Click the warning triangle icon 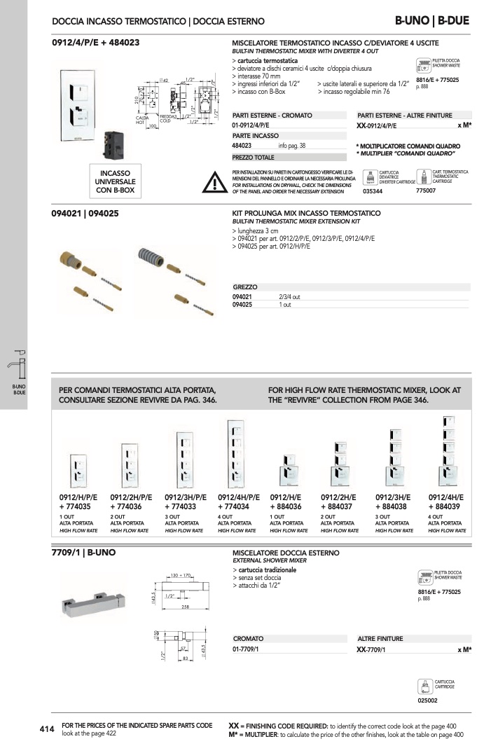(x=212, y=182)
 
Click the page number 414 (x=47, y=729)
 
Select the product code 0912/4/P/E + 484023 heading (x=96, y=43)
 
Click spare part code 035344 (x=373, y=191)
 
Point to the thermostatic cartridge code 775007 (x=425, y=191)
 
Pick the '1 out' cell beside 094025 (x=285, y=305)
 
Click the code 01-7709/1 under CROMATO (x=246, y=650)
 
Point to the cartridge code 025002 (x=427, y=698)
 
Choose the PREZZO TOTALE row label (x=253, y=158)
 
